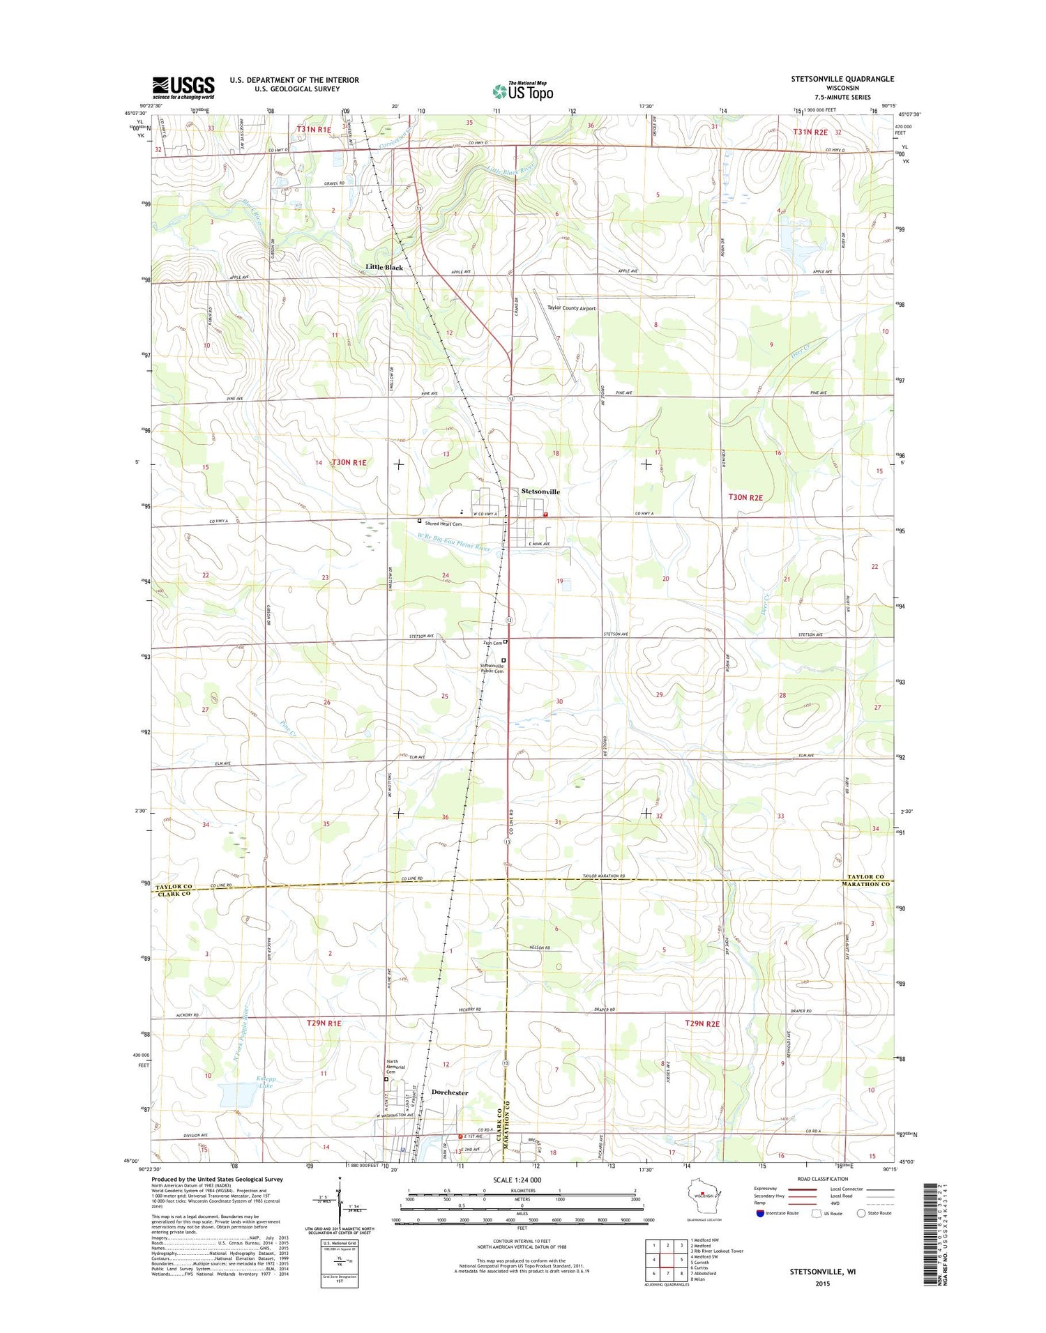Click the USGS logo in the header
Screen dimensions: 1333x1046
point(183,87)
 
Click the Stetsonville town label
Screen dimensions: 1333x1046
point(540,492)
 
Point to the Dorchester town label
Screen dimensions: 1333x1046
point(450,1092)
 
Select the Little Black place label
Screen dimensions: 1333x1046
point(384,268)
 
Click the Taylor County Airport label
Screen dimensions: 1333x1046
point(571,307)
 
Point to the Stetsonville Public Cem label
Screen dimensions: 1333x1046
point(492,668)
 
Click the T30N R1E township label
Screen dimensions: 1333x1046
point(349,462)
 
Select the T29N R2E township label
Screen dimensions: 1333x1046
point(702,1023)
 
